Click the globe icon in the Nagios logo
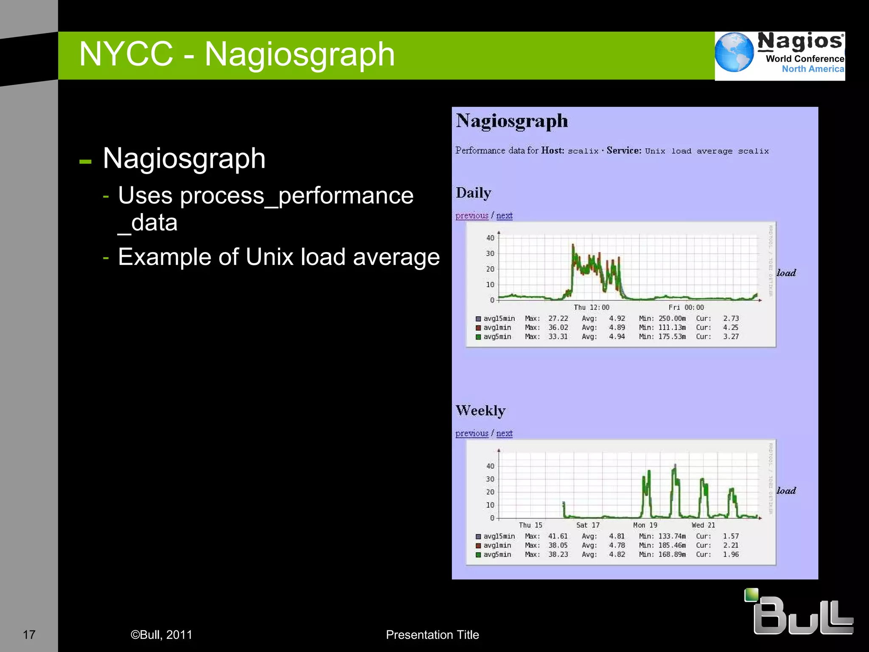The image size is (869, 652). (x=734, y=52)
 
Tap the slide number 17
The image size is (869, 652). (x=29, y=635)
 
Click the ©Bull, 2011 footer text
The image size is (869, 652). (x=161, y=635)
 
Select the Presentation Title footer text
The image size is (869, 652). (x=432, y=635)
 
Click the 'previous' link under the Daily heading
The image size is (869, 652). (x=472, y=216)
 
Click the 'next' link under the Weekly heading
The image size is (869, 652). (x=504, y=433)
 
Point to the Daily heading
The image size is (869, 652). (x=474, y=193)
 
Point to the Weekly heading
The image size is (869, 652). (x=480, y=410)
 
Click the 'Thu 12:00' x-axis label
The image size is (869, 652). (x=591, y=307)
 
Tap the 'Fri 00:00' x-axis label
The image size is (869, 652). (x=686, y=307)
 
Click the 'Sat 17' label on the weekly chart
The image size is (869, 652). (x=588, y=525)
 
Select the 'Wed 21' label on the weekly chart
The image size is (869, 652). (x=703, y=525)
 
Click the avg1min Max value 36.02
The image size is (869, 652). (x=558, y=328)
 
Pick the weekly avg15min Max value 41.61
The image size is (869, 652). (x=558, y=537)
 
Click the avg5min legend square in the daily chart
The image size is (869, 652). (x=478, y=337)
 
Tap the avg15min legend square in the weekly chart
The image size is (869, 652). (x=478, y=537)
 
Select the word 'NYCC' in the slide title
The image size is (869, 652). (x=126, y=54)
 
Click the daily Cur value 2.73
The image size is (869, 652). (x=731, y=318)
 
